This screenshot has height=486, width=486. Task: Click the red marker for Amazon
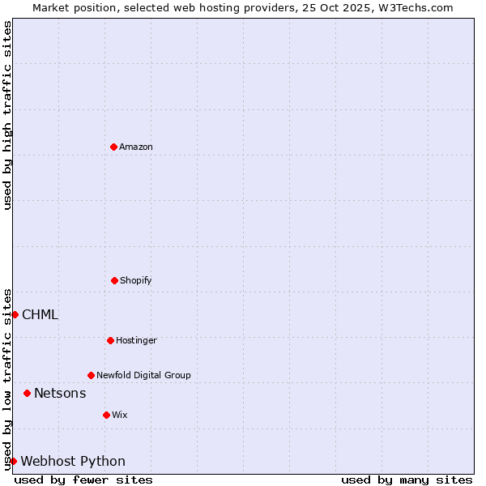[113, 147]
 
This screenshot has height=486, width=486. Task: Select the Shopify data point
[114, 280]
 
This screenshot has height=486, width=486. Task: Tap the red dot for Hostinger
[110, 340]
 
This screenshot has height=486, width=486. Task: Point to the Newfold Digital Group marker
[91, 375]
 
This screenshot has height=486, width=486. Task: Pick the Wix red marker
[106, 415]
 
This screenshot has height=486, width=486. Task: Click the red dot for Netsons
[27, 393]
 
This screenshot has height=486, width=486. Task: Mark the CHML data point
[15, 314]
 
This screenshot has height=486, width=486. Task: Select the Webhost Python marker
[13, 461]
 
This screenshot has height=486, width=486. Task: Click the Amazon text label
[136, 147]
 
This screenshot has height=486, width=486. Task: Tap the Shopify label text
[136, 280]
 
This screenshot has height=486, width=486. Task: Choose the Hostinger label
[136, 340]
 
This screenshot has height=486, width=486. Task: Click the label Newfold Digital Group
[143, 375]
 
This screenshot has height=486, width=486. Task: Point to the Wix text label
[120, 415]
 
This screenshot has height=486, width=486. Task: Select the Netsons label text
[60, 394]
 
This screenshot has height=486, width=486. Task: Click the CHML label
[40, 315]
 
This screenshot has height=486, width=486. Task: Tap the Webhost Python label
[73, 462]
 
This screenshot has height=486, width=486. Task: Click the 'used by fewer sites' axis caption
[83, 480]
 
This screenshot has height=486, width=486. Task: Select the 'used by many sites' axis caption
[407, 480]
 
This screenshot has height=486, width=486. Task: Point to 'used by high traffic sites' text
[7, 115]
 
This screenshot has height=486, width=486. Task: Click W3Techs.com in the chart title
[415, 7]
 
